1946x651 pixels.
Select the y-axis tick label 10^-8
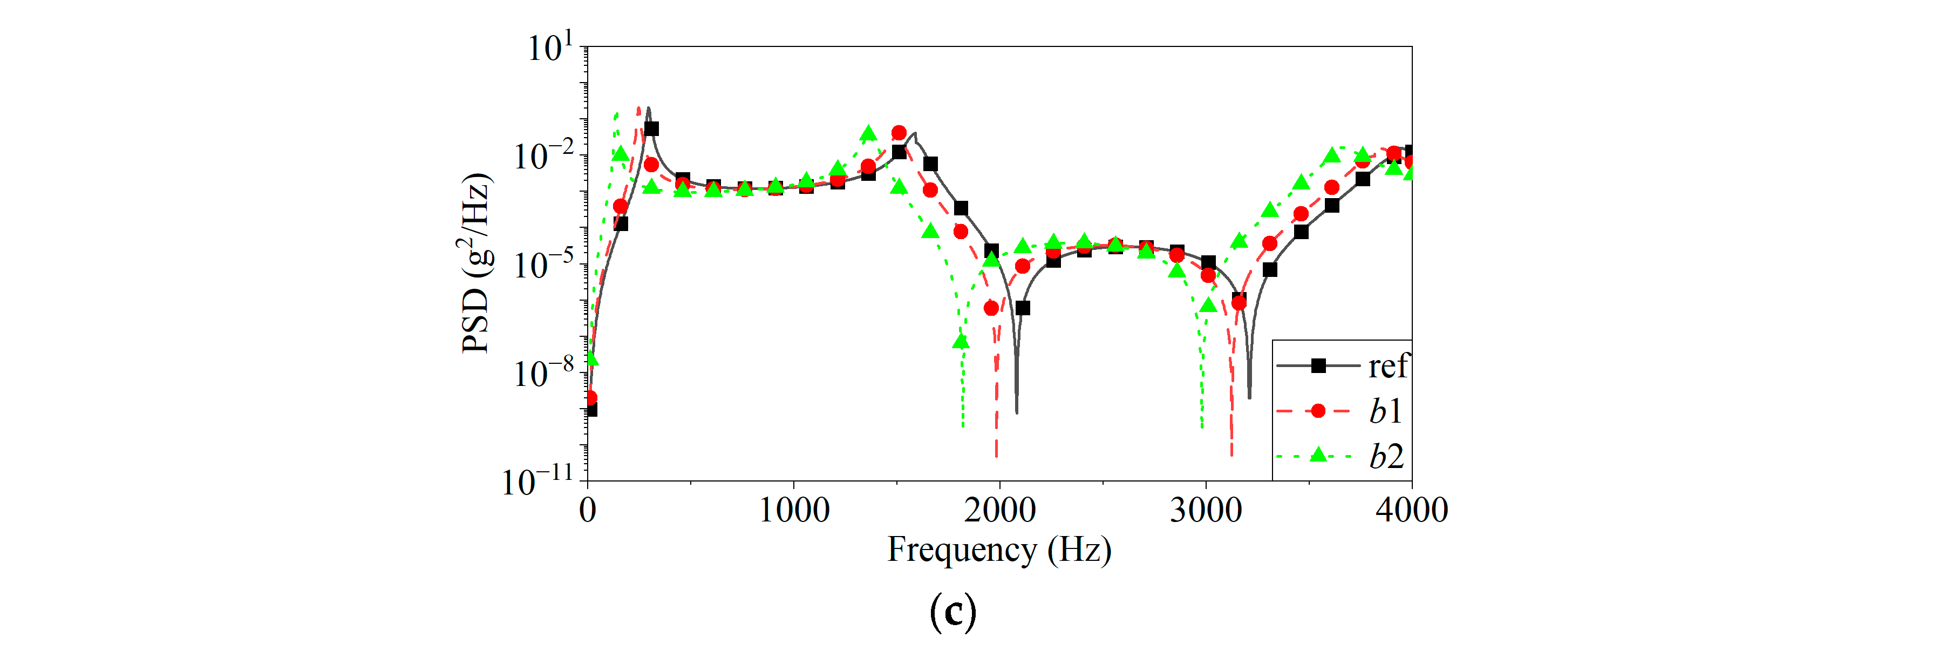click(543, 373)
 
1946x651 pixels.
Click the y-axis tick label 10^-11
click(538, 481)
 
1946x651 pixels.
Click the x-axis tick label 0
click(588, 511)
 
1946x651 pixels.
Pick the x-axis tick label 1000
click(793, 511)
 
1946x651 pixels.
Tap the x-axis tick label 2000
click(999, 511)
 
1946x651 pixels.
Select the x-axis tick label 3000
click(1206, 511)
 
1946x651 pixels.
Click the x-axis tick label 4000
click(1411, 511)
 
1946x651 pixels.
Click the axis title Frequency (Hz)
click(999, 551)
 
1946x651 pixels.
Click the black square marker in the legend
click(1318, 365)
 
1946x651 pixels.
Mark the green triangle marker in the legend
click(1318, 455)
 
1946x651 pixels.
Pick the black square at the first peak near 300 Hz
click(651, 129)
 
